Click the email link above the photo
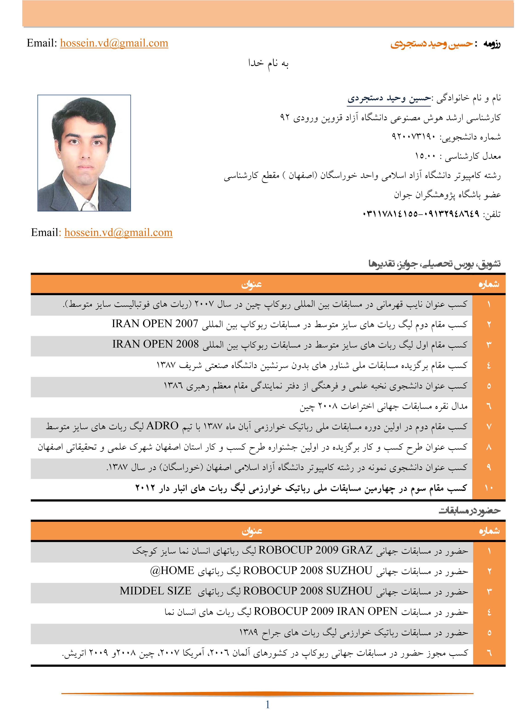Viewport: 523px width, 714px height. (x=114, y=43)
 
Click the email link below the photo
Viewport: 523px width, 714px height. (x=118, y=233)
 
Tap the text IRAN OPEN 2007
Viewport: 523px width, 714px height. (x=155, y=324)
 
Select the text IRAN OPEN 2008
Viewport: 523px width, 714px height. (x=155, y=344)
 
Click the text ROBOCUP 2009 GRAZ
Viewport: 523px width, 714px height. (x=315, y=550)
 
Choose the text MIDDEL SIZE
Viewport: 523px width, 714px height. (x=155, y=591)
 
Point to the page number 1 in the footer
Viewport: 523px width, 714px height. (x=267, y=705)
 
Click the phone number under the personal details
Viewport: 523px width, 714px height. (x=421, y=214)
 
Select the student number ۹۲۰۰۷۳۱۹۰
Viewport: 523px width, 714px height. (x=413, y=137)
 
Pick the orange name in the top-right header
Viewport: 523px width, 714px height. (x=431, y=44)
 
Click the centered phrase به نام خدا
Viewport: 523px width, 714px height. (x=268, y=63)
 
